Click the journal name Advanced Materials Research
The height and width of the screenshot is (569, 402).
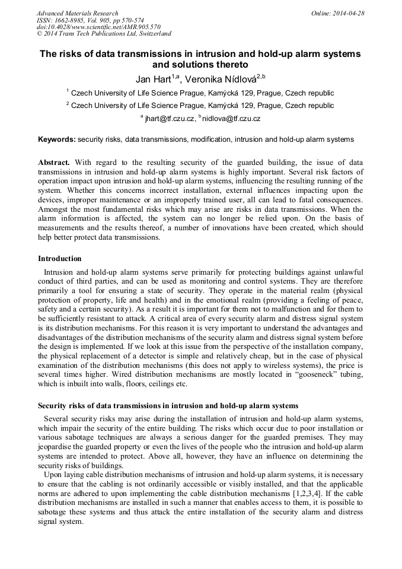[x=77, y=13]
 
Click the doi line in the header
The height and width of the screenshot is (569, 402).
[x=98, y=27]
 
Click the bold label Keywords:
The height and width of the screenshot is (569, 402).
[x=57, y=139]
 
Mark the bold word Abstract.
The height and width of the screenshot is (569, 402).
[x=54, y=162]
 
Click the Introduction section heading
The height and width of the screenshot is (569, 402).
[x=60, y=259]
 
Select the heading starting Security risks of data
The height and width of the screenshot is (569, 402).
[x=168, y=406]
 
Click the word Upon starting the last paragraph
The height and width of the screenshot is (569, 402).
[x=54, y=475]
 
